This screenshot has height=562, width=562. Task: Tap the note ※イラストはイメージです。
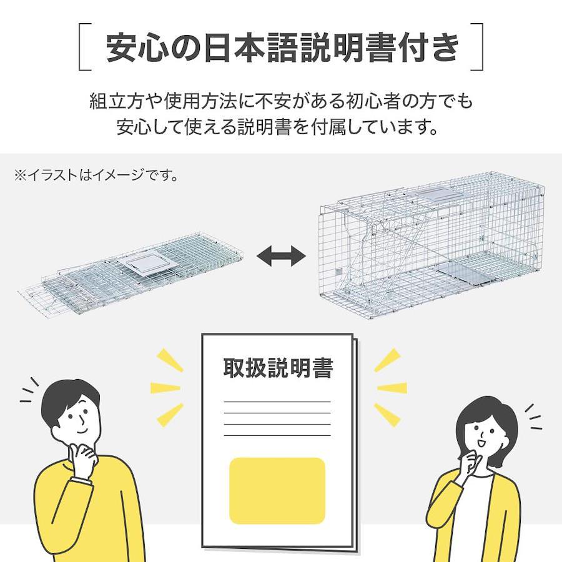tap(96, 175)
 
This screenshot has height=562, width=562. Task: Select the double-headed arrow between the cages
tap(282, 256)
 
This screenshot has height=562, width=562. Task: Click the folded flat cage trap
tap(132, 275)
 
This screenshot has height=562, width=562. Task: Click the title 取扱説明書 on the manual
tap(278, 367)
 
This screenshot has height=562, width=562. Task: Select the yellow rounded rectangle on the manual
tap(277, 491)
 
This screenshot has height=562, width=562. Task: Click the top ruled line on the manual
tap(277, 402)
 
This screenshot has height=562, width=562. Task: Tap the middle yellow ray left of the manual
tap(165, 388)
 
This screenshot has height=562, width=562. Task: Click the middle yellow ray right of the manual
tap(392, 388)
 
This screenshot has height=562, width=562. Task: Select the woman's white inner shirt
tap(473, 516)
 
